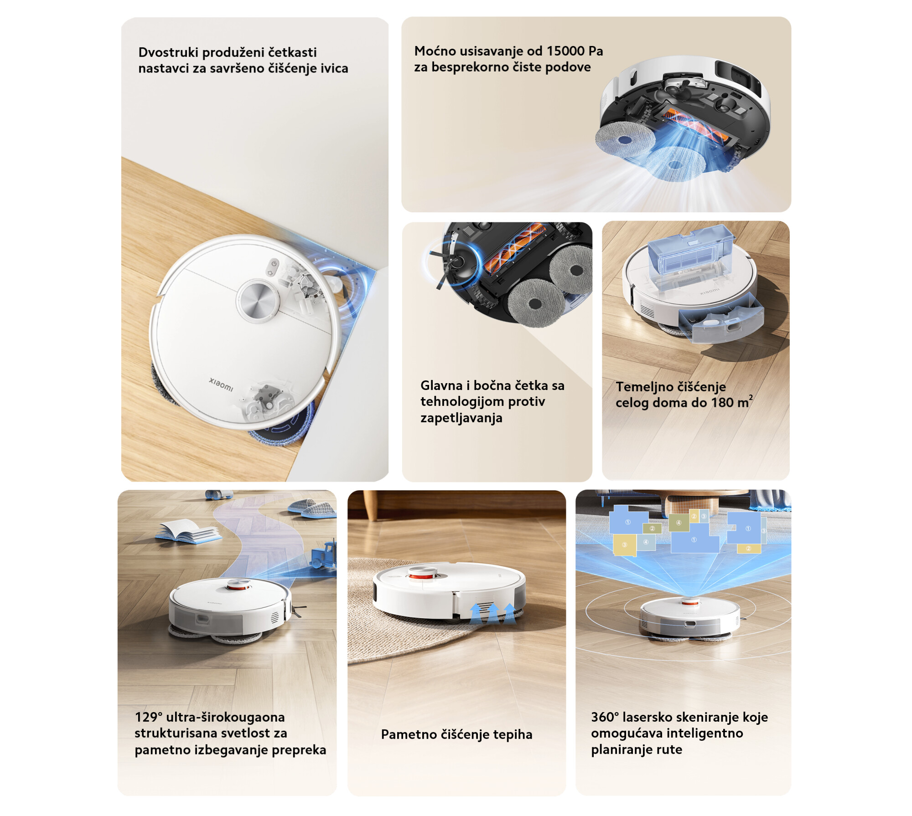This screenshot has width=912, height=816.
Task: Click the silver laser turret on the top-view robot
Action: (258, 300)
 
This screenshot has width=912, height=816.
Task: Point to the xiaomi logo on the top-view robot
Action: (221, 385)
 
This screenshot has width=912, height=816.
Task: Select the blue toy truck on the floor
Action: (324, 555)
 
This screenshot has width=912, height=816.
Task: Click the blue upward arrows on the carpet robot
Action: (493, 613)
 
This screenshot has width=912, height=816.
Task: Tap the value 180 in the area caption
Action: (722, 403)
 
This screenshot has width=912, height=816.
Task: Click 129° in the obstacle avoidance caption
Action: (149, 717)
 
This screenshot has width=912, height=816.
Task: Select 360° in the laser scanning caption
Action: (605, 717)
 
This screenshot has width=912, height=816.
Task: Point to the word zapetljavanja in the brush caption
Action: (461, 418)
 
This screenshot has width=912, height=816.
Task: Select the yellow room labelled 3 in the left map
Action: (624, 545)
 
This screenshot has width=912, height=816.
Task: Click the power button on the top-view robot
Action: (274, 264)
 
